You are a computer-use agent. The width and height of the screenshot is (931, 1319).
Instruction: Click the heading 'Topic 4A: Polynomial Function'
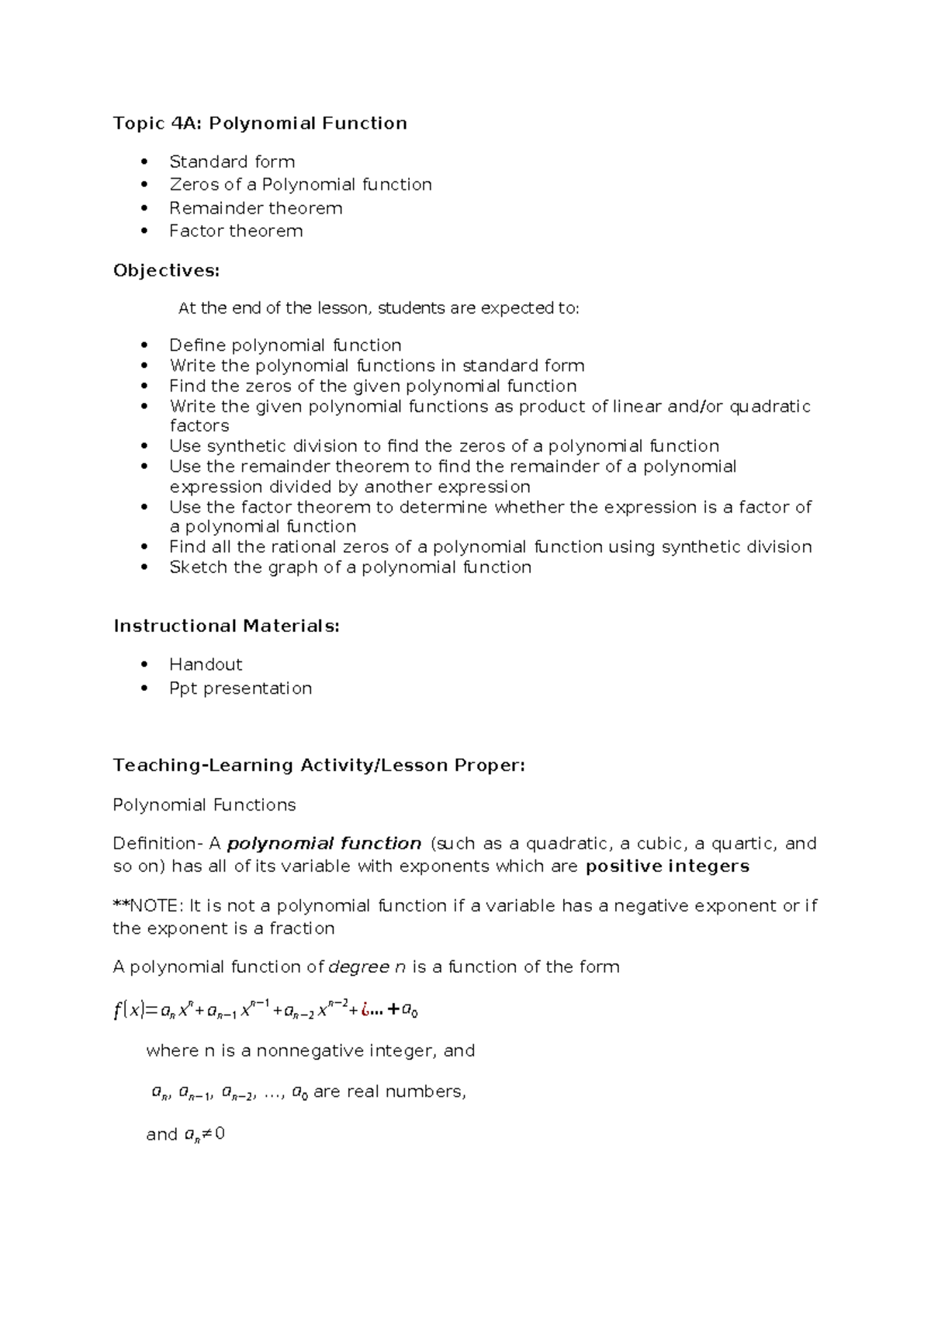pos(260,123)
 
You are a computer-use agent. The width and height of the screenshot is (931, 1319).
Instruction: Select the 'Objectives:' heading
pos(166,270)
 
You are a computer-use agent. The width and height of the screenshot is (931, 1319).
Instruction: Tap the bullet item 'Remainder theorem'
pos(255,208)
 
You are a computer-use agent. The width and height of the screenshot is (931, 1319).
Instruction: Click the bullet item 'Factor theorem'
pos(236,231)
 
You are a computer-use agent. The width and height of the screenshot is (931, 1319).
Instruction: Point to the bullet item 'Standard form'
pos(232,161)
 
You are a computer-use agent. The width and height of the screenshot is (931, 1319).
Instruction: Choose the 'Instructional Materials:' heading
pos(227,626)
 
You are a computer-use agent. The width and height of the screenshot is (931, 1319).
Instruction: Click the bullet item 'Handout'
pos(206,665)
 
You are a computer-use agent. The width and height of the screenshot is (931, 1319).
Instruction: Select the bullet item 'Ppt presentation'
pos(241,689)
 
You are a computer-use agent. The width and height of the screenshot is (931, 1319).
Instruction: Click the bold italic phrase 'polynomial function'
pos(324,844)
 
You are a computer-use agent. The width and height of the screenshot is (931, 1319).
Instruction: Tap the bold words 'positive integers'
pos(667,866)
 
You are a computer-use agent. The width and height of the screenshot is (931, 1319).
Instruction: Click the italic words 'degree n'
pos(367,967)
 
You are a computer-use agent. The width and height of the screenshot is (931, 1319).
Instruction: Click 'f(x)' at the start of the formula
pos(129,1010)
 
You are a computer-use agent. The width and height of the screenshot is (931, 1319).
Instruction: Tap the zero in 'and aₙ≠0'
pos(220,1134)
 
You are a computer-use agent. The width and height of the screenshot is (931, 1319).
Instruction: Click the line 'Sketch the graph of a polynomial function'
pos(350,568)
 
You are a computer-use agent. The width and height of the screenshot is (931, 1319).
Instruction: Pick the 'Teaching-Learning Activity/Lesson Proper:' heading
pos(319,765)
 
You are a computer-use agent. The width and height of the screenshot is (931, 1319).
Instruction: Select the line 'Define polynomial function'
pos(285,345)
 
